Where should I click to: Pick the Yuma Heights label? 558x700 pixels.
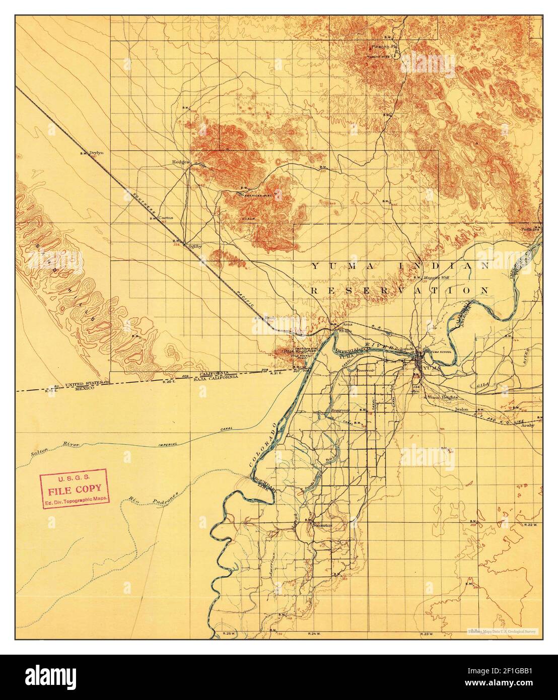443,397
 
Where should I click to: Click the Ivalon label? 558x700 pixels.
462,409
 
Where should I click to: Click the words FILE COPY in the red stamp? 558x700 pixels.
75,488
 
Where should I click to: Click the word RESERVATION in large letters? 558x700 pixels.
400,291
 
